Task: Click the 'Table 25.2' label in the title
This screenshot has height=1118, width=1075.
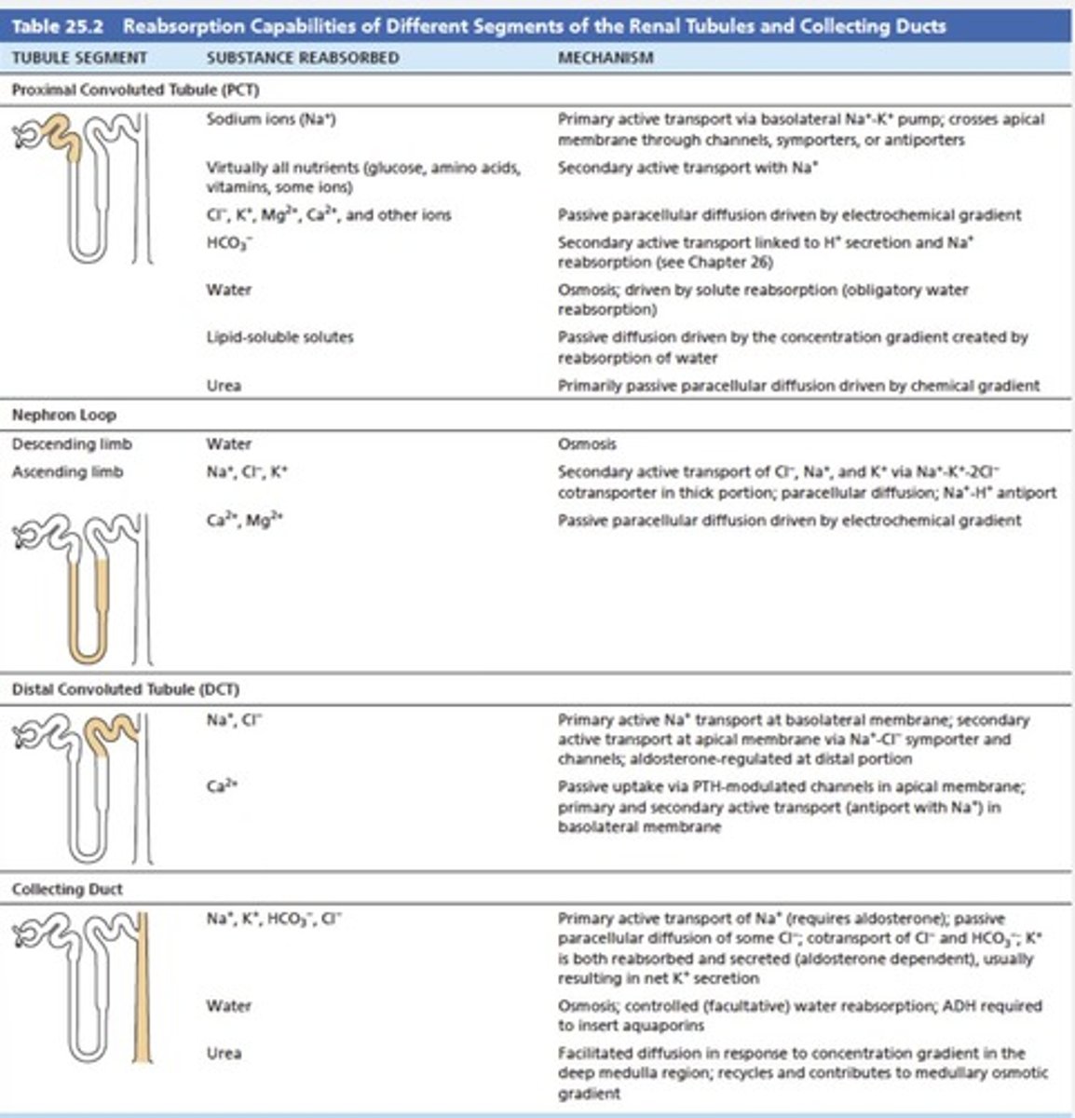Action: click(x=59, y=25)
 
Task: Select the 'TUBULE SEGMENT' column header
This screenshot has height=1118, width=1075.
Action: click(x=79, y=58)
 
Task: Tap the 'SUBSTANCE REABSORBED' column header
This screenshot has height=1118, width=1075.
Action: click(x=302, y=58)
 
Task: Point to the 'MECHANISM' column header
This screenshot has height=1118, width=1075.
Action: click(x=605, y=58)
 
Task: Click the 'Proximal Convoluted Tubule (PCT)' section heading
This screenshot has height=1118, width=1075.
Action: click(x=135, y=90)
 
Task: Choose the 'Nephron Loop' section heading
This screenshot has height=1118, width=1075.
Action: click(x=63, y=415)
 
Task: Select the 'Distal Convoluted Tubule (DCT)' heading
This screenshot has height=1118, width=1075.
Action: click(x=125, y=689)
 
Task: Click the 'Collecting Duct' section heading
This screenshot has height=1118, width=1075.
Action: click(x=67, y=889)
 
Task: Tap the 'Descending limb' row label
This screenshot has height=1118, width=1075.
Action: click(x=72, y=444)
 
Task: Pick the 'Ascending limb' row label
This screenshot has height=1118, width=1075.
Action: click(x=67, y=472)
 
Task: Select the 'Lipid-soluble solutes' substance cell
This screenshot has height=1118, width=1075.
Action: click(x=279, y=336)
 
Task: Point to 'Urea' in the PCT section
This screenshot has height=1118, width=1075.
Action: click(x=224, y=385)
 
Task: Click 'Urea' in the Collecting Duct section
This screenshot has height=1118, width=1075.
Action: click(x=224, y=1053)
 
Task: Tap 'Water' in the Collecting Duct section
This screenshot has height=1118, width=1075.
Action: click(x=228, y=1006)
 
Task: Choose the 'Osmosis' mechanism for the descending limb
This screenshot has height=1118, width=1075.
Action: click(x=586, y=444)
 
